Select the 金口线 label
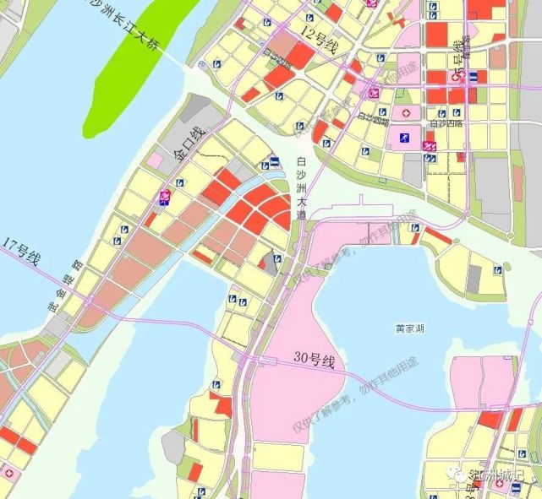[x=187, y=143]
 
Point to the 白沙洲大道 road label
[x=302, y=188]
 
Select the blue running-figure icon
[x=404, y=138]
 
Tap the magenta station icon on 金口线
[x=166, y=198]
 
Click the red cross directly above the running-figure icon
[x=405, y=113]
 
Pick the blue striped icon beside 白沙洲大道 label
[x=276, y=163]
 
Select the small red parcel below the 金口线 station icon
[x=150, y=219]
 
